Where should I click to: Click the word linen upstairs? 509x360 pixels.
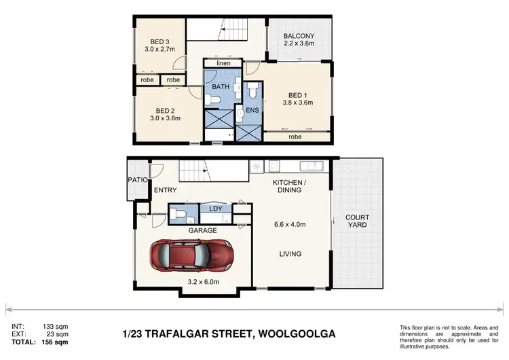tap(224, 64)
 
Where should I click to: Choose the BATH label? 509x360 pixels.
tap(221, 87)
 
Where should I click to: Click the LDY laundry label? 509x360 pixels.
tap(216, 209)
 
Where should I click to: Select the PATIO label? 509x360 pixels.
tap(138, 179)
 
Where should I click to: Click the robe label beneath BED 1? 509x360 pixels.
tap(295, 137)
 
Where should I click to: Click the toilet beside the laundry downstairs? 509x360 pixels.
tap(176, 215)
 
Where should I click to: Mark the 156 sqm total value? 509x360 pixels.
tap(54, 343)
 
